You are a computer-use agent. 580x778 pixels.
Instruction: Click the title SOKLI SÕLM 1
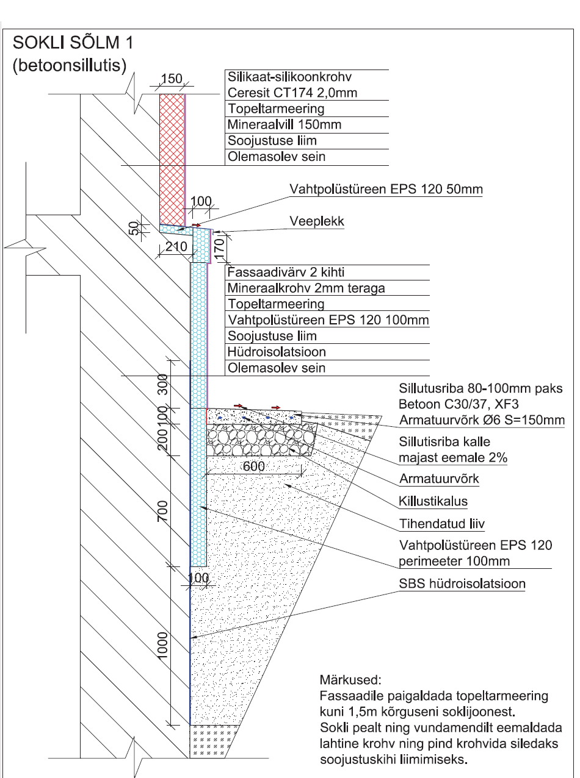coord(72,44)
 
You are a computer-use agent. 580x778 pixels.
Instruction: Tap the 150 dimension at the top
coord(172,78)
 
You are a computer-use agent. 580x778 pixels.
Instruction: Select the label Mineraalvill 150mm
coord(284,125)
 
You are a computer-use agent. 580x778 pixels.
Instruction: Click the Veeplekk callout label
coord(316,221)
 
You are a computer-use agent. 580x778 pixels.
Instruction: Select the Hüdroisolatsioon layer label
coord(277,352)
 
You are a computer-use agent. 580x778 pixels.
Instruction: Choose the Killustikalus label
coord(433,501)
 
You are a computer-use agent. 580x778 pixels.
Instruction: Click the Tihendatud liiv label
coord(437,523)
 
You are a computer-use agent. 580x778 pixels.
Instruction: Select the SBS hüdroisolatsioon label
coord(462,583)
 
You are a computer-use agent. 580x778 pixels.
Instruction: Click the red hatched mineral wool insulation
coord(172,159)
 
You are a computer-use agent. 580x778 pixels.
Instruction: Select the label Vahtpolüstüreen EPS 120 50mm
coord(385,189)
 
